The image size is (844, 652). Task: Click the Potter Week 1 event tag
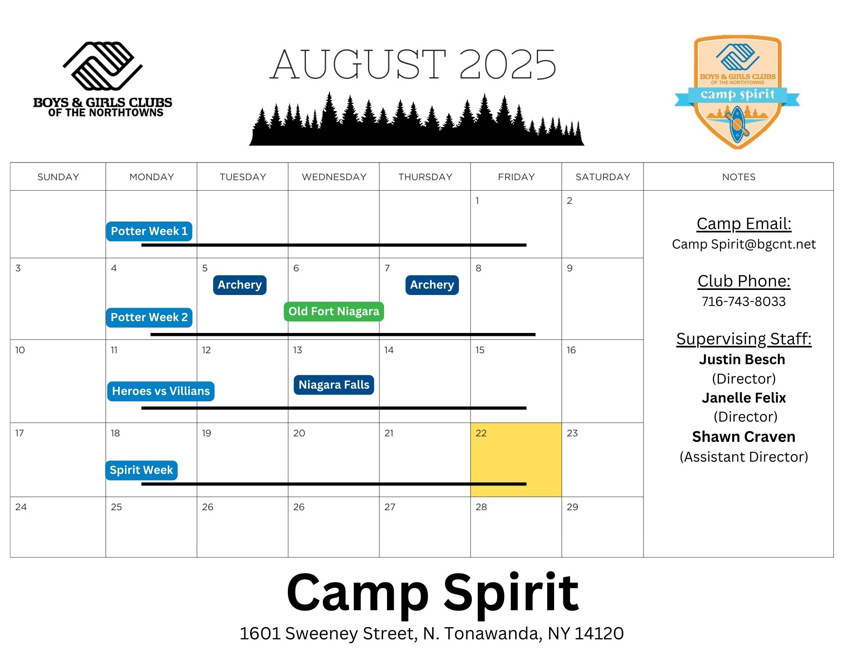(x=149, y=231)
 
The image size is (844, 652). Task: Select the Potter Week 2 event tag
(x=149, y=317)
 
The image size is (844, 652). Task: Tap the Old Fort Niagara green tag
(x=334, y=311)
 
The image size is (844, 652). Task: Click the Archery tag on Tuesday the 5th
(x=240, y=285)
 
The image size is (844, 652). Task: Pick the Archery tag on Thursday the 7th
(x=432, y=285)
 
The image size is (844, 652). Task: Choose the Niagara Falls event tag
(x=334, y=385)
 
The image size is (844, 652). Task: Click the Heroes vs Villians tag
(x=161, y=391)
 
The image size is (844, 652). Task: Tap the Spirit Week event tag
(x=141, y=470)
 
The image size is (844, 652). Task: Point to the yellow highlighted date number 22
(x=481, y=433)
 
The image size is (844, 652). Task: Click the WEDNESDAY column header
(x=334, y=177)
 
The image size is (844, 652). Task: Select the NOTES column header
(x=739, y=177)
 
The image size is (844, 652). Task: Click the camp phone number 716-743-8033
(x=744, y=301)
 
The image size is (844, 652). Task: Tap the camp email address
(x=744, y=244)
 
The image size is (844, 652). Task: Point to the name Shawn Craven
(x=744, y=437)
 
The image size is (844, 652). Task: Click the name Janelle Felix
(x=744, y=398)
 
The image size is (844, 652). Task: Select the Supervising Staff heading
(x=744, y=339)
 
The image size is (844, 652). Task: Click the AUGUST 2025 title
(x=414, y=64)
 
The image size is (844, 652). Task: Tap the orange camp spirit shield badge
(x=737, y=92)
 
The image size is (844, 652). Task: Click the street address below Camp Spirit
(x=432, y=633)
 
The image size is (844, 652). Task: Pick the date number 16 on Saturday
(x=571, y=350)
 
